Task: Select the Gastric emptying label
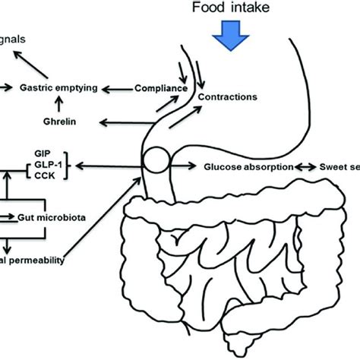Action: point(58,88)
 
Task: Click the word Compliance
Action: point(160,88)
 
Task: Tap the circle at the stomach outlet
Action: point(156,163)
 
